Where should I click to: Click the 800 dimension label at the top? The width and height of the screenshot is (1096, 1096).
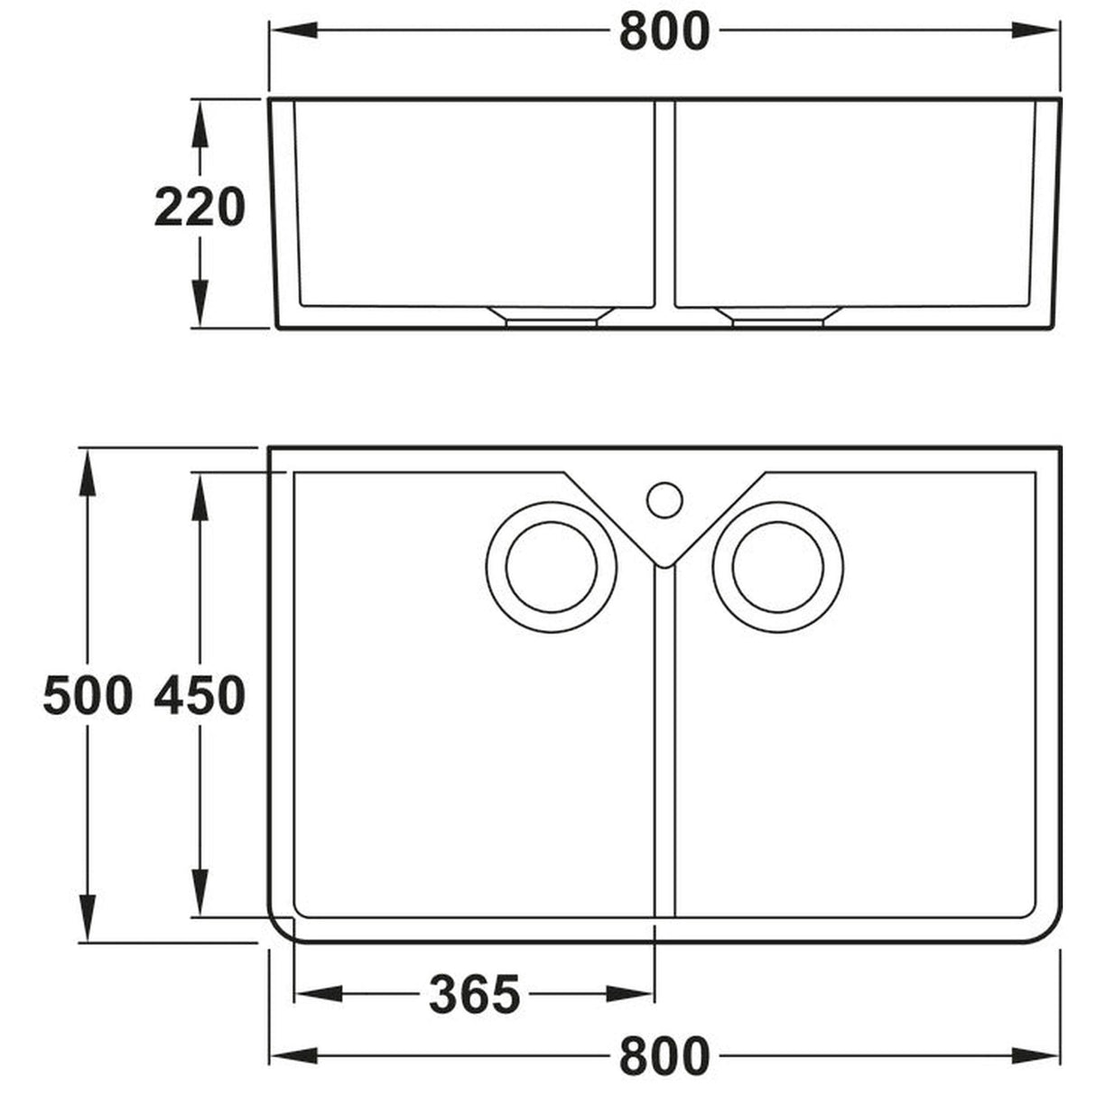click(x=664, y=33)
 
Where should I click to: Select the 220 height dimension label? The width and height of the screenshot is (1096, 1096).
click(x=200, y=209)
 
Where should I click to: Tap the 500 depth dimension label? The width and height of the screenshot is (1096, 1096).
click(x=88, y=696)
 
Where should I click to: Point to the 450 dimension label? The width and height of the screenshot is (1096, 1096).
click(x=200, y=696)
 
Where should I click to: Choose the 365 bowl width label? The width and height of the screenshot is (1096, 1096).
click(x=475, y=995)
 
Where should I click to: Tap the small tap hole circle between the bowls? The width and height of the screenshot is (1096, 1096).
click(x=664, y=497)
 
